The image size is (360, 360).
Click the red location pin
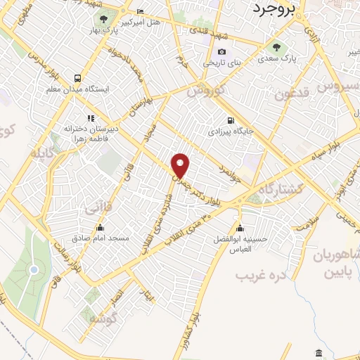click(x=181, y=165)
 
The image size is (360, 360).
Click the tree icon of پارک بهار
click(x=104, y=19)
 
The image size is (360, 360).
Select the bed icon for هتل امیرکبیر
click(x=139, y=12)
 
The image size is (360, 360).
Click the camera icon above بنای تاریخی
click(x=222, y=52)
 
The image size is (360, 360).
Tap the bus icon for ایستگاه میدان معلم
click(x=77, y=78)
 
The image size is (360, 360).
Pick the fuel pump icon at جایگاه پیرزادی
click(x=231, y=120)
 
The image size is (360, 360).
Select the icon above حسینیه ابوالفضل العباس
click(x=241, y=227)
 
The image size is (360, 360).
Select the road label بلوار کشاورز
click(x=199, y=324)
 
